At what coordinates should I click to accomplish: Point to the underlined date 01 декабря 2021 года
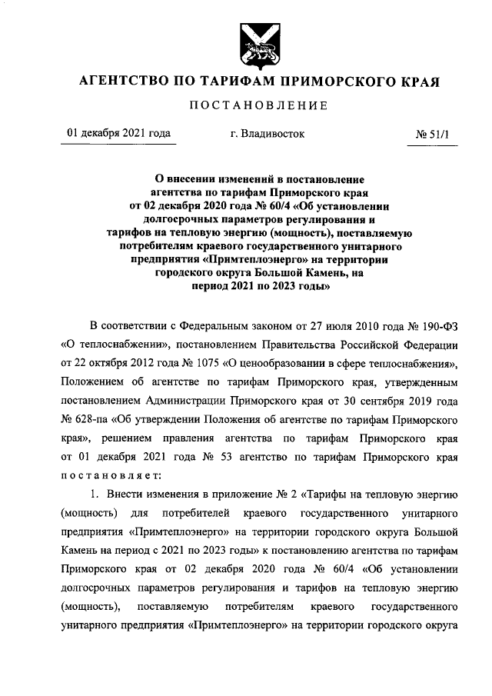(x=118, y=134)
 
